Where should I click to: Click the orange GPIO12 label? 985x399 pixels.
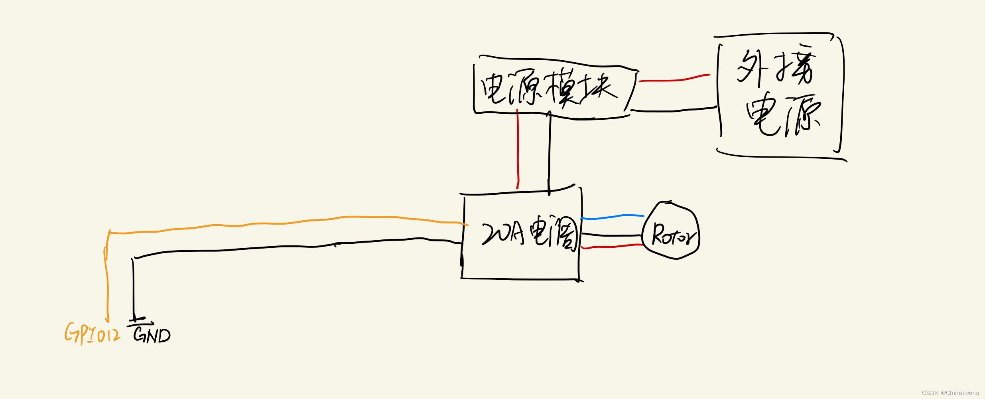[x=93, y=334]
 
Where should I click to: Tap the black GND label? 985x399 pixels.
[x=152, y=335]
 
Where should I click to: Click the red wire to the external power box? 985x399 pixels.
[x=674, y=79]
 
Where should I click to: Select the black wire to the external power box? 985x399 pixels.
[x=674, y=111]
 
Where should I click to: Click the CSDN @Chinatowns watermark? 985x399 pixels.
[x=950, y=393]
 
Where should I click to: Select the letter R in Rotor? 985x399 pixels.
[x=657, y=235]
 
